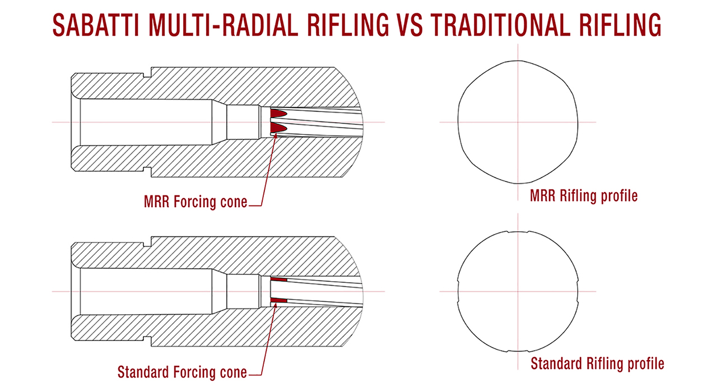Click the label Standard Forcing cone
tap(182, 371)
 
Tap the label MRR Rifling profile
tap(584, 196)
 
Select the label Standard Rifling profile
tap(597, 363)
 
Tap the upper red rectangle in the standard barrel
tap(278, 279)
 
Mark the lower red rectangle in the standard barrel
tap(278, 301)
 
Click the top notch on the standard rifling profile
tap(518, 232)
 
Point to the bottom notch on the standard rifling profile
tap(518, 351)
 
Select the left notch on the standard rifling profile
tap(458, 292)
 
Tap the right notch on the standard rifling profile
tap(577, 292)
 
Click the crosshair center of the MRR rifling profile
tap(518, 122)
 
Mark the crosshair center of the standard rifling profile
tap(518, 292)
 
